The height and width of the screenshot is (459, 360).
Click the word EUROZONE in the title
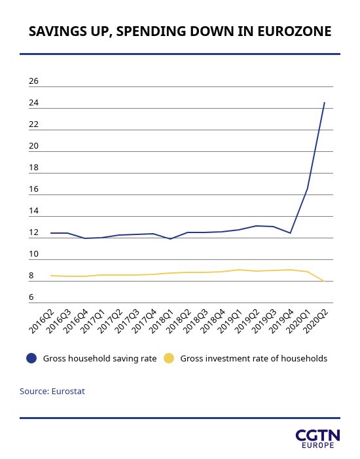[x=294, y=31]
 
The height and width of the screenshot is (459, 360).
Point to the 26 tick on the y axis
[x=33, y=81]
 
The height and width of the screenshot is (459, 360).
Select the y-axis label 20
[x=33, y=146]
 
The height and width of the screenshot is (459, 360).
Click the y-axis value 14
[x=33, y=211]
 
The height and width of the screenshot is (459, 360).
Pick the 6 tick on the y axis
[x=31, y=297]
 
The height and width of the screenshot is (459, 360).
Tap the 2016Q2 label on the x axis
[x=41, y=321]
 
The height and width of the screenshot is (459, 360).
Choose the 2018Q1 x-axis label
[x=161, y=321]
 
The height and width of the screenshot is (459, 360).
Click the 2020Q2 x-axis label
[x=315, y=321]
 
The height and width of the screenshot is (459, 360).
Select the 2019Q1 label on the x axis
[x=230, y=321]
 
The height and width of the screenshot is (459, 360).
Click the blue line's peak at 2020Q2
[x=324, y=103]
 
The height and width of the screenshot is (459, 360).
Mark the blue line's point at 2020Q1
[x=308, y=189]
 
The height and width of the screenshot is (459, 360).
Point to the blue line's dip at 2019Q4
[x=290, y=233]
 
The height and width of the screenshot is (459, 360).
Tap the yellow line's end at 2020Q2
[x=324, y=281]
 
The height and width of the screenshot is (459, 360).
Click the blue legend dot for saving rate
[x=31, y=358]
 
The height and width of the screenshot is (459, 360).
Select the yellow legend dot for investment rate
[x=169, y=358]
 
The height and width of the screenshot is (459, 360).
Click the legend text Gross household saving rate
[x=99, y=359]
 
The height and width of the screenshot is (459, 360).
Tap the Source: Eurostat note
[x=52, y=392]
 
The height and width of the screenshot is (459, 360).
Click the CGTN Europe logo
[x=318, y=439]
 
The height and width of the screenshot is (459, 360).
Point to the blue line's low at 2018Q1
[x=170, y=239]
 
